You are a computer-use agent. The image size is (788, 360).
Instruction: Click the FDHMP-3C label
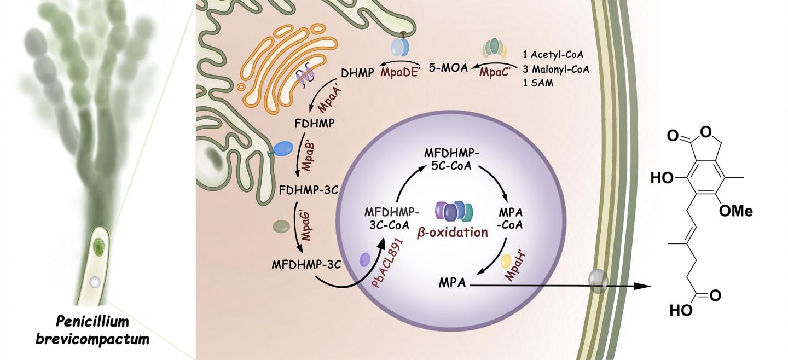pos(307,190)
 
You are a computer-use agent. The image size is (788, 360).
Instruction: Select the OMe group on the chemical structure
pos(735,212)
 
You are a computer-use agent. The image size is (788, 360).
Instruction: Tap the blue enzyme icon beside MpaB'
pos(282,148)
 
